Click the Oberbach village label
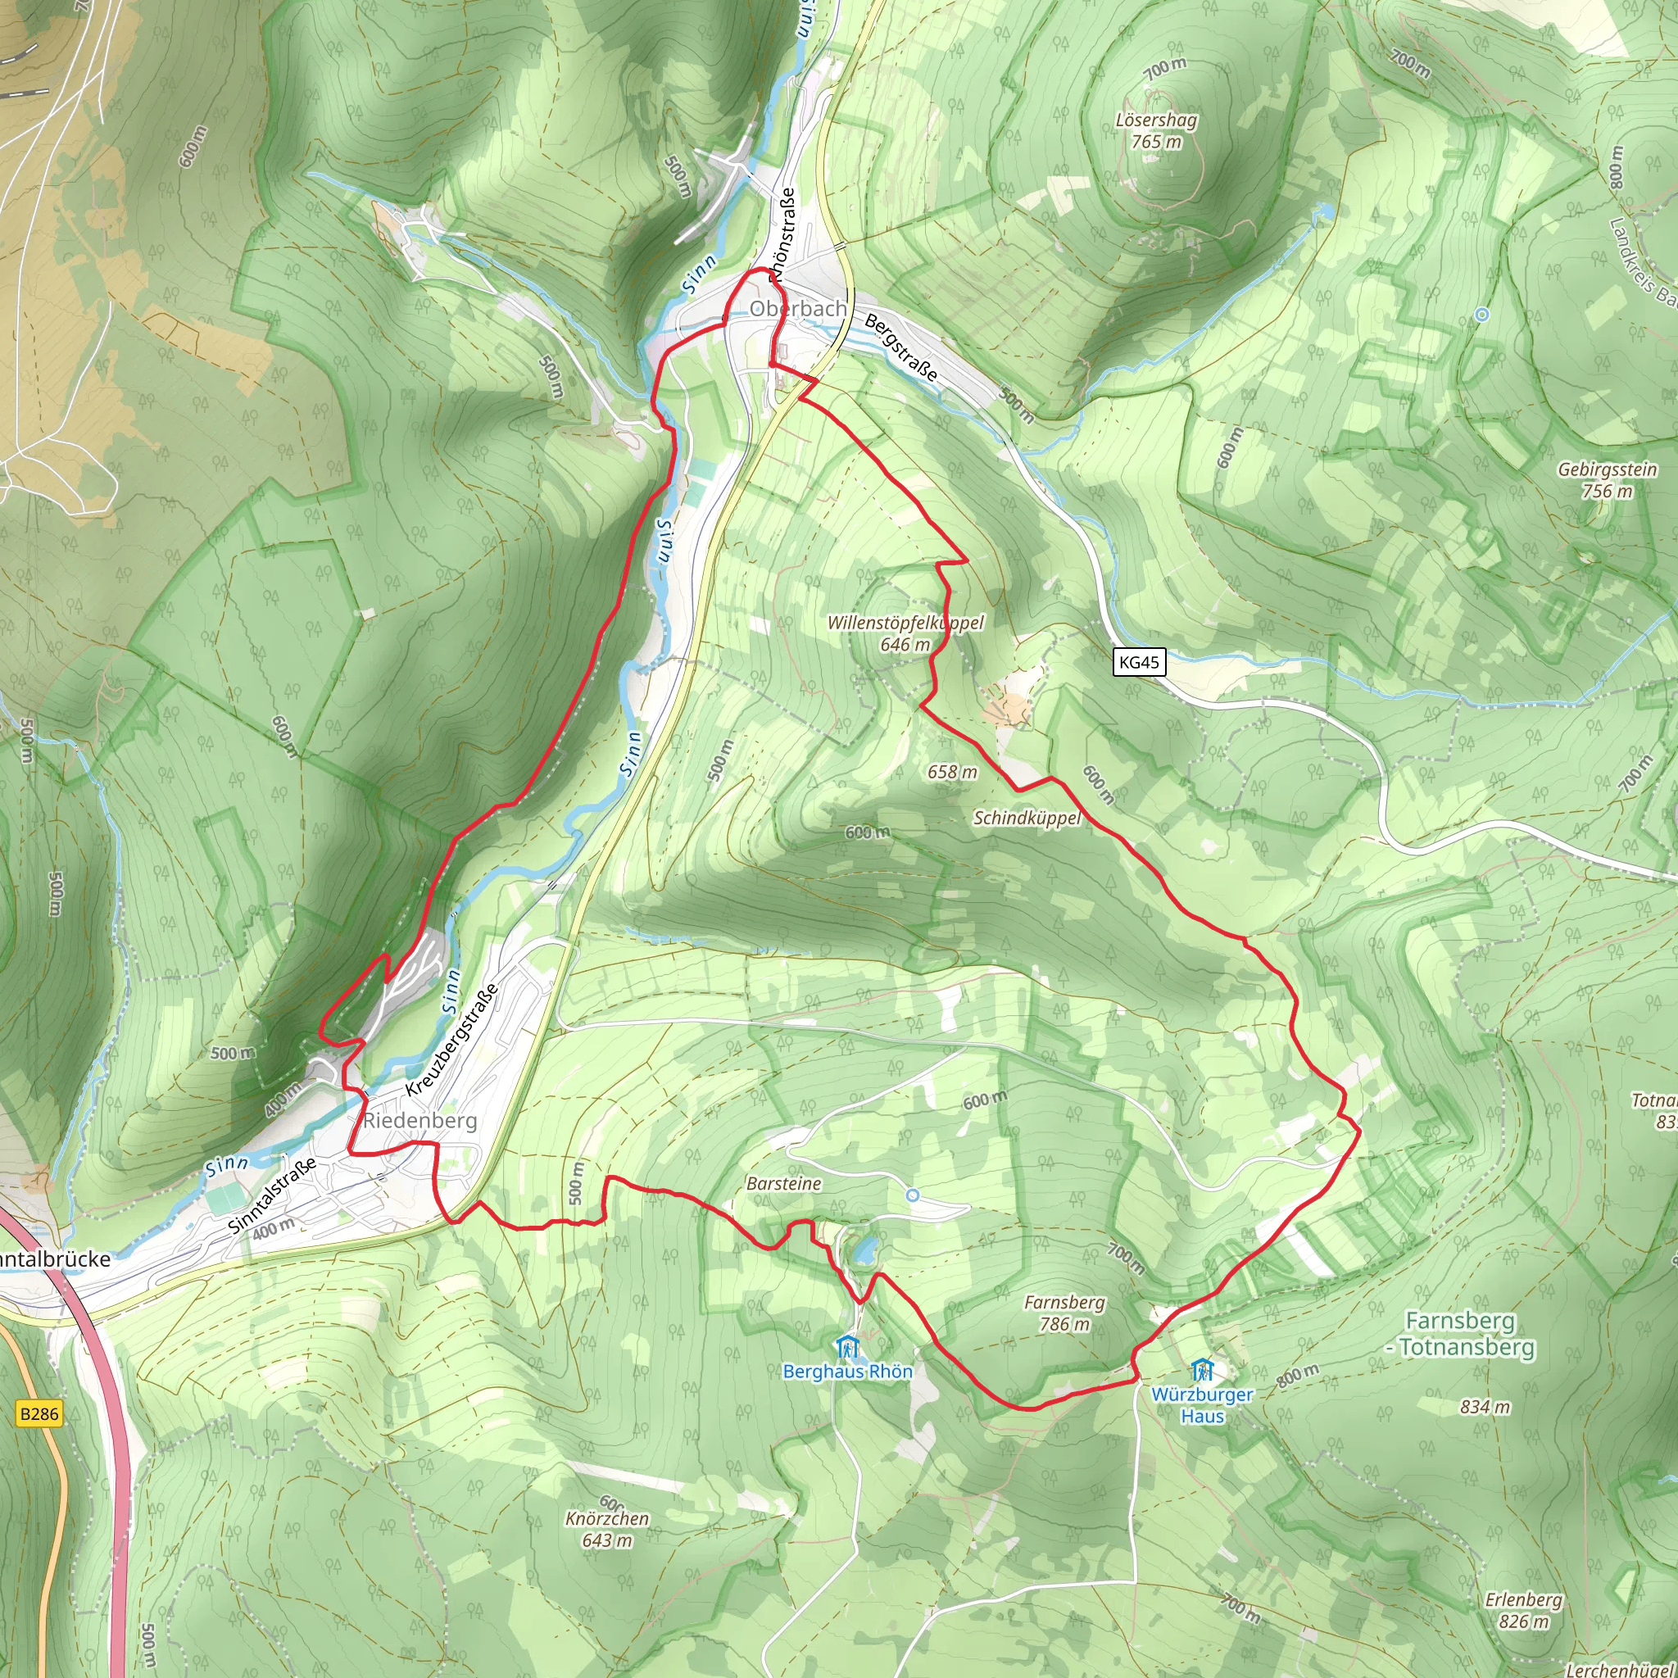pos(797,309)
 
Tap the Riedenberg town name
pos(419,1120)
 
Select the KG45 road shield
pos(1139,663)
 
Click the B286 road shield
pos(39,1414)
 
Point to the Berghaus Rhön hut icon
pos(847,1348)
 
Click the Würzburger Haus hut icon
pos(1202,1371)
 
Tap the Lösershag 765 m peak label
pos(1156,130)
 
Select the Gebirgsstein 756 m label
pos(1607,480)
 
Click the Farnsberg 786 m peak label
pos(1064,1313)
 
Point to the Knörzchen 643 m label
pos(607,1530)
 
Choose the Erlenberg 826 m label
pos(1523,1610)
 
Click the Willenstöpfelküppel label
pos(905,623)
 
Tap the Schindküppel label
pos(1027,819)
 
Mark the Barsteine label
pos(783,1184)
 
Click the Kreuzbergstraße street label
pos(451,1039)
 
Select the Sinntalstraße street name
pos(272,1195)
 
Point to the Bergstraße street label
pos(901,348)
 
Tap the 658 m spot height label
pos(952,772)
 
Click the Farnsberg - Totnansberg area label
pos(1460,1334)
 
